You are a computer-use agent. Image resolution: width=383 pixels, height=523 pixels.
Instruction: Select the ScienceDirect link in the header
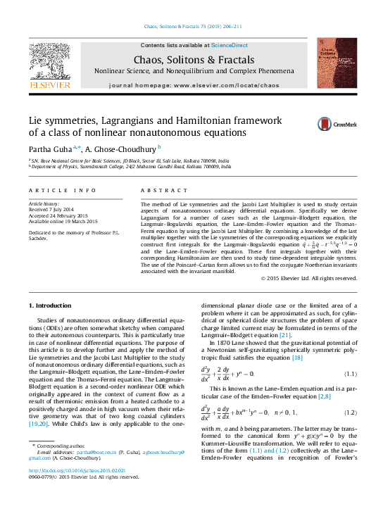[x=230, y=45]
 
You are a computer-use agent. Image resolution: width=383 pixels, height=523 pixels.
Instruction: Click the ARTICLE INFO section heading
[x=62, y=191]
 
